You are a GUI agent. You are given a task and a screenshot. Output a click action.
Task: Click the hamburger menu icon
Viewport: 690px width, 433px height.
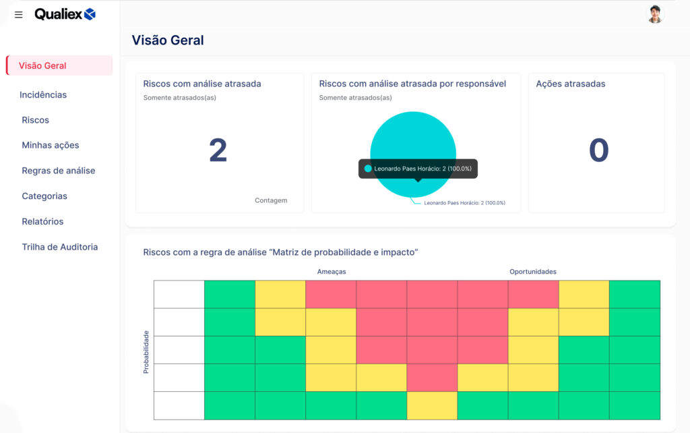(18, 15)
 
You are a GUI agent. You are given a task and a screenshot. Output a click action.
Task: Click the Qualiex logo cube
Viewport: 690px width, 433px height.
(90, 15)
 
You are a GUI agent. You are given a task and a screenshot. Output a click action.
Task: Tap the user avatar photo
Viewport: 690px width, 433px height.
(655, 14)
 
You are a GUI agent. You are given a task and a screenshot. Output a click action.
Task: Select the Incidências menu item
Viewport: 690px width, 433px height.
(43, 94)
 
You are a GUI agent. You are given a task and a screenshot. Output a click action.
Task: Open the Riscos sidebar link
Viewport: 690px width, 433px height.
(36, 120)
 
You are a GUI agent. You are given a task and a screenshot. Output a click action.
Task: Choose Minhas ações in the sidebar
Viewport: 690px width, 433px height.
(51, 146)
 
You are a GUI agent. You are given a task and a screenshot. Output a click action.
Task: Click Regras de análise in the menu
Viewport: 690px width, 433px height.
(59, 171)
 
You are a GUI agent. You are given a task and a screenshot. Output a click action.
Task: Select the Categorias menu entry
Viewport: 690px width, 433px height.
(44, 196)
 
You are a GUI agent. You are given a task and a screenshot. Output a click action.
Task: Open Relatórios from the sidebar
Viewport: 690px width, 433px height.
(42, 222)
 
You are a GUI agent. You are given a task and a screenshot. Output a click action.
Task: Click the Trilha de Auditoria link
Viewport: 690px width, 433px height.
(60, 247)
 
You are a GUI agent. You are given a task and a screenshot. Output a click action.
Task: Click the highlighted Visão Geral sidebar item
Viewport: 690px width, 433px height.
(59, 65)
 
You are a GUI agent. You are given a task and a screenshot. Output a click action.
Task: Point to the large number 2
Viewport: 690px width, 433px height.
(218, 150)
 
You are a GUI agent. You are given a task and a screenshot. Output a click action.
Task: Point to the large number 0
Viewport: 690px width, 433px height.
(598, 150)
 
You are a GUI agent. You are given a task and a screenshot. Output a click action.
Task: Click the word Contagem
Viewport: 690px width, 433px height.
(271, 200)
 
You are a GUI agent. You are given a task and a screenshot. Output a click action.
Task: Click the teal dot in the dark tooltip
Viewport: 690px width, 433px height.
(368, 169)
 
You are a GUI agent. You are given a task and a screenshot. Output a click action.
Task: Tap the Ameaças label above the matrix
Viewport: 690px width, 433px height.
(332, 272)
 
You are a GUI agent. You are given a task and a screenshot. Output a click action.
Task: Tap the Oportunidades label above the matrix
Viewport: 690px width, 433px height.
(533, 272)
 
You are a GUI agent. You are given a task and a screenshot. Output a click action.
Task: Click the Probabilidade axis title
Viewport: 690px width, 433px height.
(146, 352)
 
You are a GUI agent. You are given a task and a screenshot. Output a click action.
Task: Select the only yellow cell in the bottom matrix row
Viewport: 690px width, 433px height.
(432, 406)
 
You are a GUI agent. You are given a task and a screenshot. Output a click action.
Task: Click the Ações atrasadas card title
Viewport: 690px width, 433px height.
(570, 84)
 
